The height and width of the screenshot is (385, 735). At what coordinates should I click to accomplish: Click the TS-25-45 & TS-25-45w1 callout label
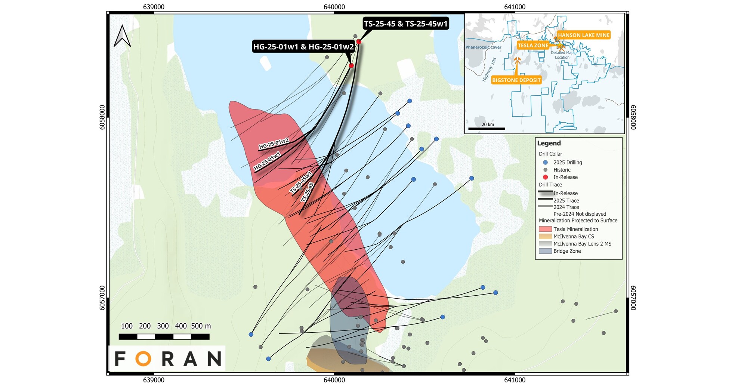pyautogui.click(x=406, y=24)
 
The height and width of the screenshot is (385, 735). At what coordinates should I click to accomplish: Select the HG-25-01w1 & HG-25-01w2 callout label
pyautogui.click(x=303, y=47)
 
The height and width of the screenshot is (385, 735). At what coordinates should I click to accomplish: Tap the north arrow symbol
pyautogui.click(x=122, y=36)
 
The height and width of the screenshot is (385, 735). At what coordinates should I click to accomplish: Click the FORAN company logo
pyautogui.click(x=167, y=358)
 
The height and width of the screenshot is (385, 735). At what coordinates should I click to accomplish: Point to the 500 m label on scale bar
pyautogui.click(x=201, y=326)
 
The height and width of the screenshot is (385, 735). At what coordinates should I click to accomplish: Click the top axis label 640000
pyautogui.click(x=334, y=7)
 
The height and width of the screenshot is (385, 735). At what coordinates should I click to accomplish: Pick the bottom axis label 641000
pyautogui.click(x=515, y=380)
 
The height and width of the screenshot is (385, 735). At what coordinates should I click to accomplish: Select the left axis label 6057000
pyautogui.click(x=102, y=298)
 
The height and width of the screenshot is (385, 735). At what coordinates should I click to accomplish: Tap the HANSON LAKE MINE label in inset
pyautogui.click(x=584, y=35)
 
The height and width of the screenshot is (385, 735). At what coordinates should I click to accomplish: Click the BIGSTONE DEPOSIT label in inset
pyautogui.click(x=516, y=80)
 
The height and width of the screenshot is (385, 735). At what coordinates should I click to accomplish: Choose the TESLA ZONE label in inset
pyautogui.click(x=533, y=46)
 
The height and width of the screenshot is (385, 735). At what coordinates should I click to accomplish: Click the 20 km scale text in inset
pyautogui.click(x=488, y=124)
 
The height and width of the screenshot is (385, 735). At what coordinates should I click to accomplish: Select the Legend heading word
pyautogui.click(x=549, y=143)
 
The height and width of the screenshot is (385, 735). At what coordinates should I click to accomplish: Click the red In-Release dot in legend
pyautogui.click(x=545, y=177)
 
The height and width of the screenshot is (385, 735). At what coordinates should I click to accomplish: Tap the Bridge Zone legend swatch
pyautogui.click(x=545, y=251)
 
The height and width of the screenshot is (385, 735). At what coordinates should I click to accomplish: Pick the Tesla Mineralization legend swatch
pyautogui.click(x=545, y=229)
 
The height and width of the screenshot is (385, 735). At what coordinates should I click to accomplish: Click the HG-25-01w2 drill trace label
pyautogui.click(x=274, y=144)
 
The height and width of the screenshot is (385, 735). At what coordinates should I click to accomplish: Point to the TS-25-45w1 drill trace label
pyautogui.click(x=301, y=182)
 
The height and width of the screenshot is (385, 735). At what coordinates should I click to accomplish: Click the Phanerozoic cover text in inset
pyautogui.click(x=483, y=47)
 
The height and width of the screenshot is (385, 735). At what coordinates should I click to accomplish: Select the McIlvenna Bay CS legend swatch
pyautogui.click(x=545, y=237)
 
